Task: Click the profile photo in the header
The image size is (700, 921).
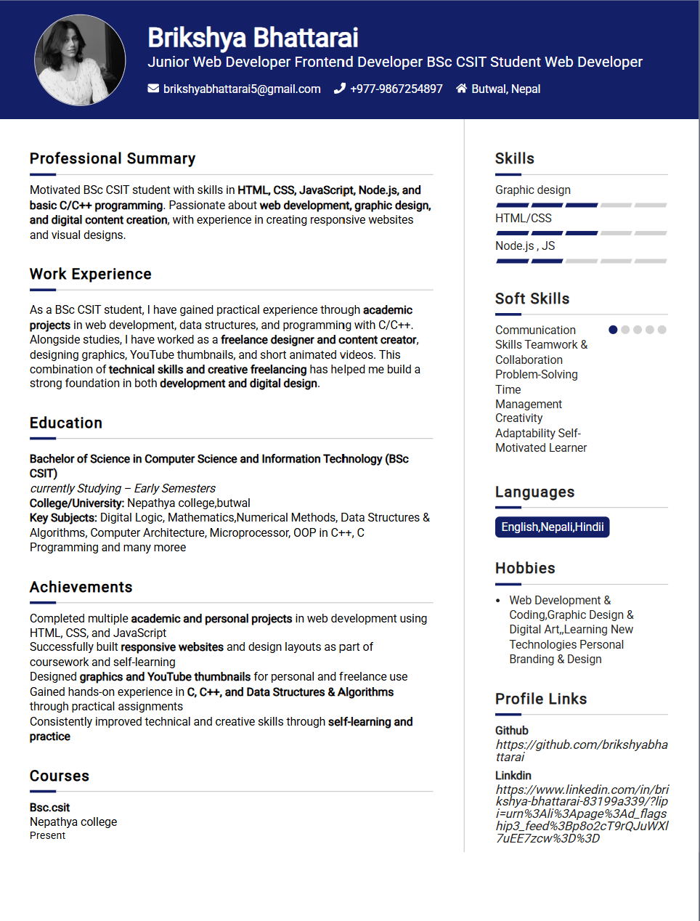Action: (80, 60)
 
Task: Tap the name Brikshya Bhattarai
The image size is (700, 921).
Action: (253, 38)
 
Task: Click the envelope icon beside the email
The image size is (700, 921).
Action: (153, 89)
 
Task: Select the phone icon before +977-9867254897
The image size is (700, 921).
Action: (339, 89)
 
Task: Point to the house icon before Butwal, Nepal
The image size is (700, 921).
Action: (461, 89)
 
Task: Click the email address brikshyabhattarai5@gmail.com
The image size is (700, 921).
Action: (242, 89)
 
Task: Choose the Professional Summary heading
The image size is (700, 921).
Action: (113, 159)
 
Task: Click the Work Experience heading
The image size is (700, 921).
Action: (91, 275)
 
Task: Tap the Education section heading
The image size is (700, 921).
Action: (66, 423)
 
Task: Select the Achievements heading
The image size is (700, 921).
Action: (81, 588)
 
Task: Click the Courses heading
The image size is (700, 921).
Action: (60, 776)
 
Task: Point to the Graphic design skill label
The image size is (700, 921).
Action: (533, 190)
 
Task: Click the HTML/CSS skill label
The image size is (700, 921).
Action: (524, 219)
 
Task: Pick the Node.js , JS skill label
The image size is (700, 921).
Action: (525, 246)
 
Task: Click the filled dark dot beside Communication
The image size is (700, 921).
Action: (613, 330)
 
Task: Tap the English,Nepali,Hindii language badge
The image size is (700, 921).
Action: (553, 527)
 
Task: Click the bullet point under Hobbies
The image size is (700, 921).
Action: (498, 601)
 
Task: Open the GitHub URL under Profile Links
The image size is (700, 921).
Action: (582, 751)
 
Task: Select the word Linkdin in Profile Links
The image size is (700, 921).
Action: (513, 776)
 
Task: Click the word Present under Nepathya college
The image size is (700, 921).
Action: (48, 836)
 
